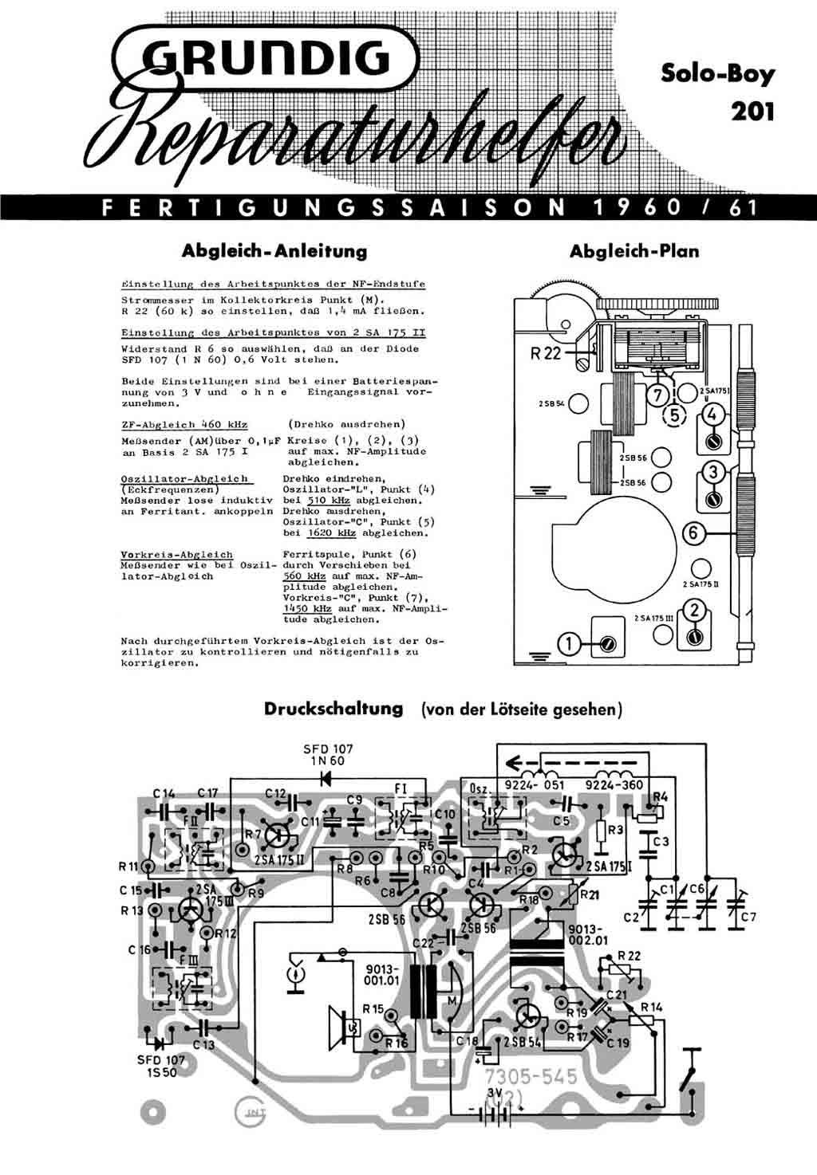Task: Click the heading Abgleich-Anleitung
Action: (274, 251)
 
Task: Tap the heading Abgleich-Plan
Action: (633, 251)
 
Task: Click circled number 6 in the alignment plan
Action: (695, 532)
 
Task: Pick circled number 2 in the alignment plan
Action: (696, 611)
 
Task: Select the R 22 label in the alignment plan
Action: (547, 353)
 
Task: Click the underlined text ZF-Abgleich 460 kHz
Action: (184, 424)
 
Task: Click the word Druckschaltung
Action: (334, 709)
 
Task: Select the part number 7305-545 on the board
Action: (531, 1077)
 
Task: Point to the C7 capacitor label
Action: (748, 918)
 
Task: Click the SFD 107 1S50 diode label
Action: (161, 1066)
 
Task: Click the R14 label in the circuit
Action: (651, 1007)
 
